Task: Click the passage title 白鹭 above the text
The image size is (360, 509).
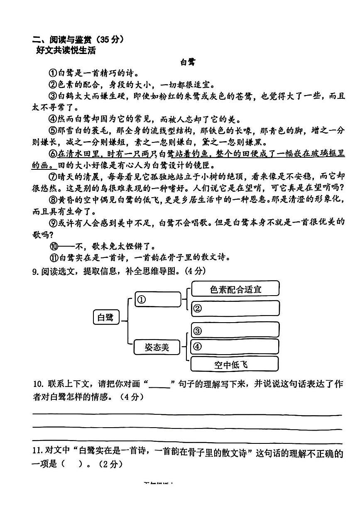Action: [x=188, y=63]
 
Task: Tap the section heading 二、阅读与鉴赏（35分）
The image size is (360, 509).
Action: [x=78, y=40]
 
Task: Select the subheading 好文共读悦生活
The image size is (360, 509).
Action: [x=66, y=51]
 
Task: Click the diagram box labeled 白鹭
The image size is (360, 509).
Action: [x=105, y=318]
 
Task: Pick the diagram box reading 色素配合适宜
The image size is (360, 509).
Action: [x=235, y=289]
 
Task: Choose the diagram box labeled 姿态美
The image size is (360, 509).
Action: [x=157, y=347]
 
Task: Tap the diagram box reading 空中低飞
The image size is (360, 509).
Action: [x=235, y=365]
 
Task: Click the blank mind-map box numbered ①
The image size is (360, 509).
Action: [x=158, y=299]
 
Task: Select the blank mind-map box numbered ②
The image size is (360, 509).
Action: [x=235, y=308]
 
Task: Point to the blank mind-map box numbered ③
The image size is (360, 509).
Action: [x=235, y=330]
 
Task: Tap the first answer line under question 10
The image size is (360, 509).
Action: [x=187, y=414]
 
